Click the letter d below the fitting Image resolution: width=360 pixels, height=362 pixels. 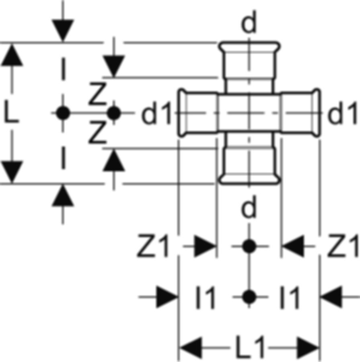pyautogui.click(x=249, y=207)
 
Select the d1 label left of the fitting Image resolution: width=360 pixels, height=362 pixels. pyautogui.click(x=156, y=113)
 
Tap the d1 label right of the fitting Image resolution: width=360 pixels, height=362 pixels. pyautogui.click(x=342, y=113)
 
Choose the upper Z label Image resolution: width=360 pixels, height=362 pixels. pyautogui.click(x=98, y=93)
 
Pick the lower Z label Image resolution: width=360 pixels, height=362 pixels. pyautogui.click(x=98, y=132)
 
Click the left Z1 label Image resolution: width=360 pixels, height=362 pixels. pyautogui.click(x=153, y=246)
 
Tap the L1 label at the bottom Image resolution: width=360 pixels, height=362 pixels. pyautogui.click(x=250, y=347)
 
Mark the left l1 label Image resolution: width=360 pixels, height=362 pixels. pyautogui.click(x=206, y=297)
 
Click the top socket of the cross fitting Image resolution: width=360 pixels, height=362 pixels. pyautogui.click(x=249, y=60)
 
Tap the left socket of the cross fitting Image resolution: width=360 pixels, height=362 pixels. pyautogui.click(x=198, y=113)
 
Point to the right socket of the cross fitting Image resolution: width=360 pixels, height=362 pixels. pyautogui.click(x=300, y=113)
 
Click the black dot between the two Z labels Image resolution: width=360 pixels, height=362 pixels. pyautogui.click(x=113, y=113)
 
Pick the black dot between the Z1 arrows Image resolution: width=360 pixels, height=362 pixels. pyautogui.click(x=249, y=246)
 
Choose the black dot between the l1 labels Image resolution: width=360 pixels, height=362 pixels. pyautogui.click(x=249, y=297)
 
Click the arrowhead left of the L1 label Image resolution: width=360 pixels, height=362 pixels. pyautogui.click(x=191, y=348)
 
